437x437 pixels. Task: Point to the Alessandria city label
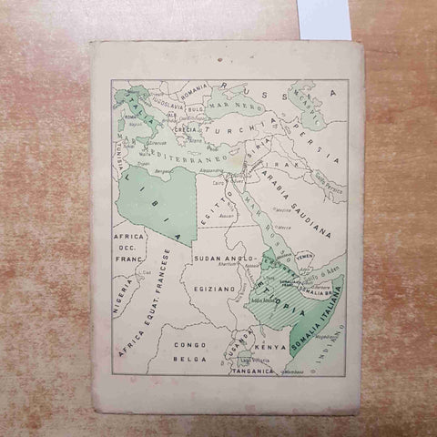point(210,170)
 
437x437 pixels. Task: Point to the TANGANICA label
point(251,371)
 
